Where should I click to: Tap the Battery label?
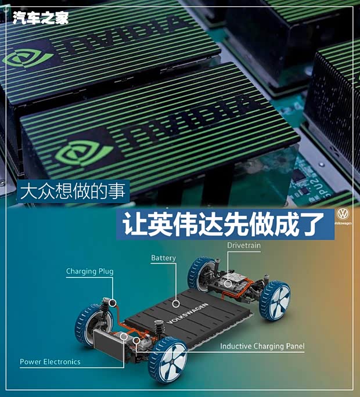163,258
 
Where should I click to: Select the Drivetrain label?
244,246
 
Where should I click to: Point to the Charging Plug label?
89,271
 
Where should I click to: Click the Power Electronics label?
50,362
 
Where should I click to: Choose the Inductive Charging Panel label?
262,347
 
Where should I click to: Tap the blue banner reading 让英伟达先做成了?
225,225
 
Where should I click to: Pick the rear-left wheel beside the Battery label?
201,272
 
